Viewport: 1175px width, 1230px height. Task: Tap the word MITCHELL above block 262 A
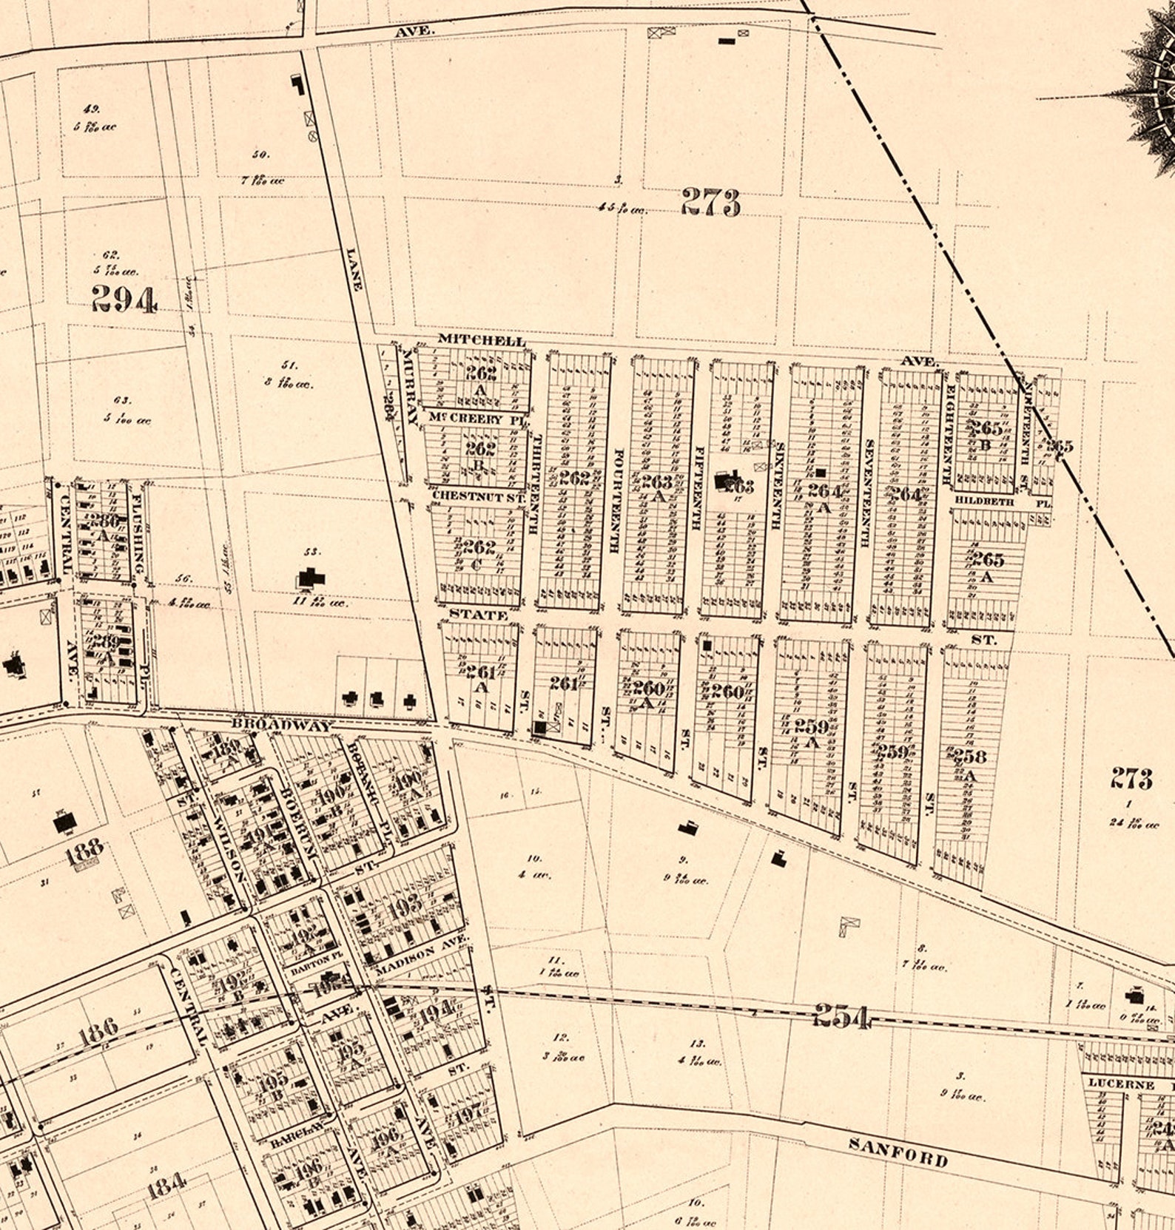[482, 339]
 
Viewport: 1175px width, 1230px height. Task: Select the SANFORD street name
[898, 1152]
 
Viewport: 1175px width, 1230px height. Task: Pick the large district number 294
[124, 300]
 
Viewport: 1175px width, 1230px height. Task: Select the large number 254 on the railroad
[841, 1016]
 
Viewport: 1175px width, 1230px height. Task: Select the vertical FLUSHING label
[138, 530]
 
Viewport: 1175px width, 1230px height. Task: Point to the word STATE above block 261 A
[478, 615]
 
